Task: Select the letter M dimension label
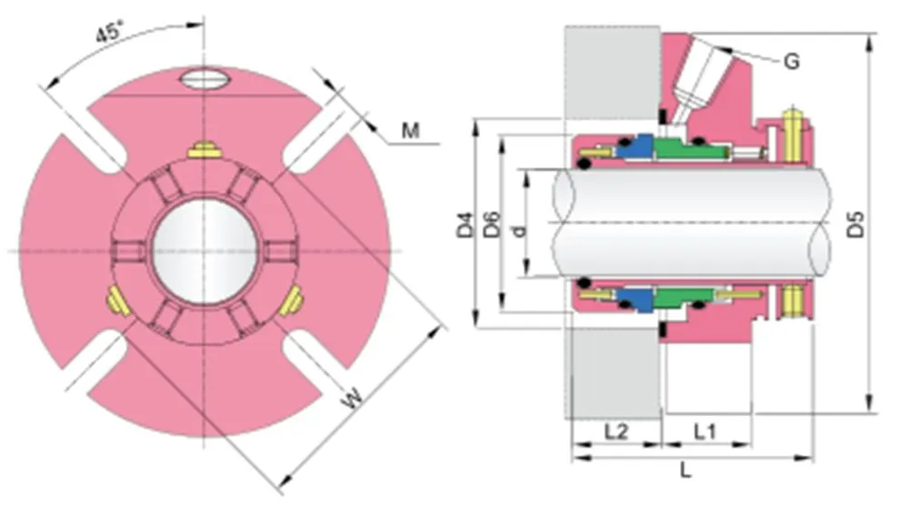point(411,131)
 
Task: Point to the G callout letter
point(792,62)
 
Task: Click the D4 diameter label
point(465,225)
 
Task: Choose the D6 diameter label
point(491,225)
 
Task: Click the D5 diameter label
point(856,225)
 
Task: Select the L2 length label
point(615,431)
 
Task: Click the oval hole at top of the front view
point(205,79)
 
